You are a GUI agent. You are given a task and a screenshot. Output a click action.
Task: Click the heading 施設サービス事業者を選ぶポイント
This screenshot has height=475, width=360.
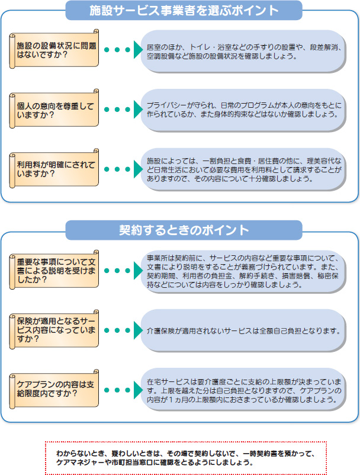pyautogui.click(x=184, y=10)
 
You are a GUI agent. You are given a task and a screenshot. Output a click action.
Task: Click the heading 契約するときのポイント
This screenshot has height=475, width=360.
pyautogui.click(x=184, y=230)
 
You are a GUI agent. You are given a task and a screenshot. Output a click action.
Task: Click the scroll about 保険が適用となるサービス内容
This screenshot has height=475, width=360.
pyautogui.click(x=54, y=329)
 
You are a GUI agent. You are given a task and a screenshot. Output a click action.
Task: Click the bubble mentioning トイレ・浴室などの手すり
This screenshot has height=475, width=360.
pyautogui.click(x=243, y=51)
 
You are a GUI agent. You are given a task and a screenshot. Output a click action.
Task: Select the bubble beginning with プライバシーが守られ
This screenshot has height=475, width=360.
pyautogui.click(x=243, y=110)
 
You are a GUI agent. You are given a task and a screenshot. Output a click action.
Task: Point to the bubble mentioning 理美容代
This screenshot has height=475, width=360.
pyautogui.click(x=243, y=169)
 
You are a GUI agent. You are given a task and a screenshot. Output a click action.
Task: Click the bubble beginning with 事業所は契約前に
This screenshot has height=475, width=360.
pyautogui.click(x=243, y=271)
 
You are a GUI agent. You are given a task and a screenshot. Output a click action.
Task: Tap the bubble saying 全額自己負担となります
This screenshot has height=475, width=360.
pyautogui.click(x=243, y=331)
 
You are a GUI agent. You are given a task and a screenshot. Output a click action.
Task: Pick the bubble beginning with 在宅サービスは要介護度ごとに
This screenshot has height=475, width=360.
pyautogui.click(x=243, y=390)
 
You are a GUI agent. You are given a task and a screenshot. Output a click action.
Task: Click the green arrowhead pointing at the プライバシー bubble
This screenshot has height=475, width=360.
pyautogui.click(x=138, y=109)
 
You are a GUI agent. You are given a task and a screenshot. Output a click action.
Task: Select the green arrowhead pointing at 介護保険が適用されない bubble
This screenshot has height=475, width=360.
pyautogui.click(x=138, y=330)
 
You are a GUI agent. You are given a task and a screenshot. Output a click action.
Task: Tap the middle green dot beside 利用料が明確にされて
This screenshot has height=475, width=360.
pyautogui.click(x=117, y=169)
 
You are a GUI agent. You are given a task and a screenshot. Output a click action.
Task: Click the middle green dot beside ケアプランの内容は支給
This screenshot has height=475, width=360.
pyautogui.click(x=117, y=390)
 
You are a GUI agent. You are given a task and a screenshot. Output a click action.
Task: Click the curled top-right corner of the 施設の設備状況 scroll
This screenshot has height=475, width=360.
pyautogui.click(x=96, y=31)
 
